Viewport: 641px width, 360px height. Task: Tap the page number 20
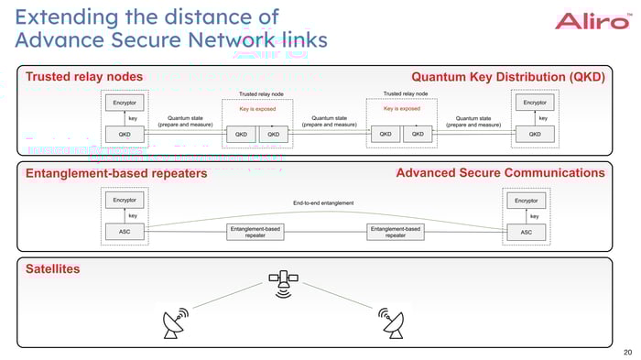(626, 351)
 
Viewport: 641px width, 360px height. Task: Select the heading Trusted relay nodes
(83, 77)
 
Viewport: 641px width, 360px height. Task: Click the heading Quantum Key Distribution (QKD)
(508, 77)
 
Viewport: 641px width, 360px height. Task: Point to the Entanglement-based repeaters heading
(115, 173)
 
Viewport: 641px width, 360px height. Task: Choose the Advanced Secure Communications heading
(500, 173)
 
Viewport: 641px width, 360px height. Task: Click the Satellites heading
(53, 269)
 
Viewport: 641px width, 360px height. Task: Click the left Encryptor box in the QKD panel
(125, 103)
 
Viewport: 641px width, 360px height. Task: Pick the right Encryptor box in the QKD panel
(535, 103)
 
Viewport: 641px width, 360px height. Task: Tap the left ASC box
(125, 233)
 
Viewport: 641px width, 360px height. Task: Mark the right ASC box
(527, 233)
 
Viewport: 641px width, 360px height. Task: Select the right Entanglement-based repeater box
(396, 233)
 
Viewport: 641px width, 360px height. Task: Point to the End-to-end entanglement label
(323, 202)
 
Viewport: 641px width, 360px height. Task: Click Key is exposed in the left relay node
(257, 109)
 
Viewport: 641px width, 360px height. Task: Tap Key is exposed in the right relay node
(401, 109)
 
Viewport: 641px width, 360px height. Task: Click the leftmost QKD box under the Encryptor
(125, 135)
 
